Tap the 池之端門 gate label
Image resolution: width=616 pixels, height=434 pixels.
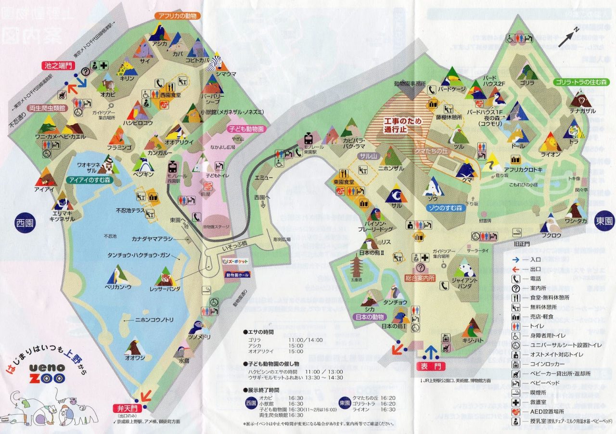pyautogui.click(x=57, y=65)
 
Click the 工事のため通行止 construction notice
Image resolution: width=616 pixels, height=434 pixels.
pyautogui.click(x=402, y=126)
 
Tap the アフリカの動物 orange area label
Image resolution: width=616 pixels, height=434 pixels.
pyautogui.click(x=178, y=15)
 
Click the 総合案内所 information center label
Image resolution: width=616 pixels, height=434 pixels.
pyautogui.click(x=420, y=278)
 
